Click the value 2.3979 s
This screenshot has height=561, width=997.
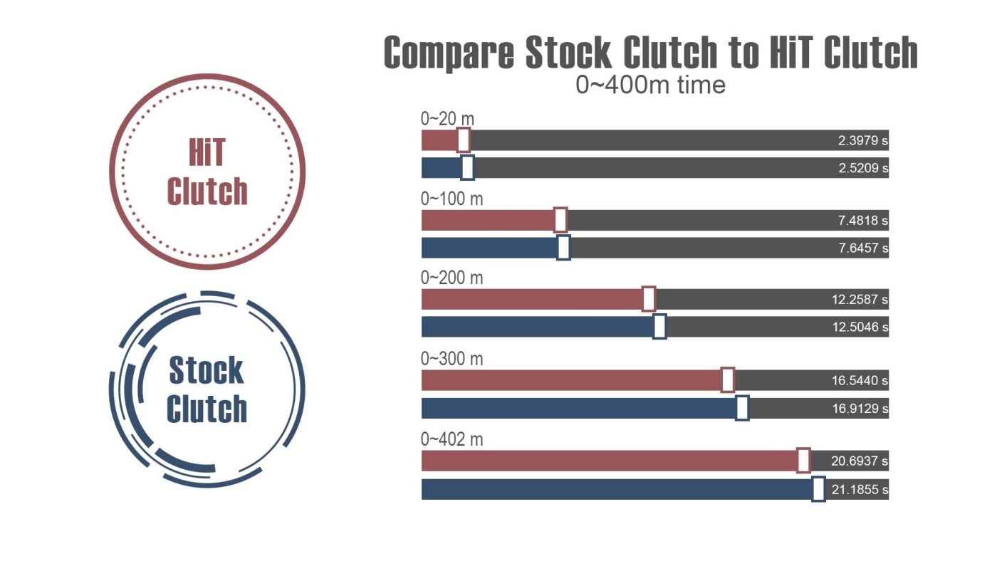[x=862, y=141]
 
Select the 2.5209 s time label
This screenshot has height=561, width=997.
[x=862, y=169]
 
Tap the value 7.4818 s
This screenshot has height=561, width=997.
[x=862, y=221]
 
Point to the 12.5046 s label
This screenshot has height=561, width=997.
[x=860, y=327]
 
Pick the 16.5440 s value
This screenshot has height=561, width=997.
[x=860, y=381]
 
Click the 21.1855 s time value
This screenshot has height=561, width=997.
[x=860, y=490]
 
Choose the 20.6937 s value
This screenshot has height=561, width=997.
[x=860, y=461]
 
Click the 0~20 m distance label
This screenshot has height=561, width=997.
[x=447, y=119]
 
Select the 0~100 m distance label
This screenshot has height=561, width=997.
[x=451, y=199]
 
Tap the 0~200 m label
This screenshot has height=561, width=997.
[x=451, y=278]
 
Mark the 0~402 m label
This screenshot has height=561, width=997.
[x=451, y=440]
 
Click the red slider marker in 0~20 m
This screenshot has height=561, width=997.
[x=464, y=140]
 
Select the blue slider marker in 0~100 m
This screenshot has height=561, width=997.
[x=563, y=248]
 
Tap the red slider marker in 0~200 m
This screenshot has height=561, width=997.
[x=649, y=299]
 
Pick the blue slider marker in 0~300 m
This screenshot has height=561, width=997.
[x=742, y=409]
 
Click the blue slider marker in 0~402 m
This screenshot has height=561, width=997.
[x=818, y=489]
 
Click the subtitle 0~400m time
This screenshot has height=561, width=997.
[x=650, y=85]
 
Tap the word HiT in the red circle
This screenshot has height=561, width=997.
[x=207, y=152]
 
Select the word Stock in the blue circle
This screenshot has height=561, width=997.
[x=207, y=371]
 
